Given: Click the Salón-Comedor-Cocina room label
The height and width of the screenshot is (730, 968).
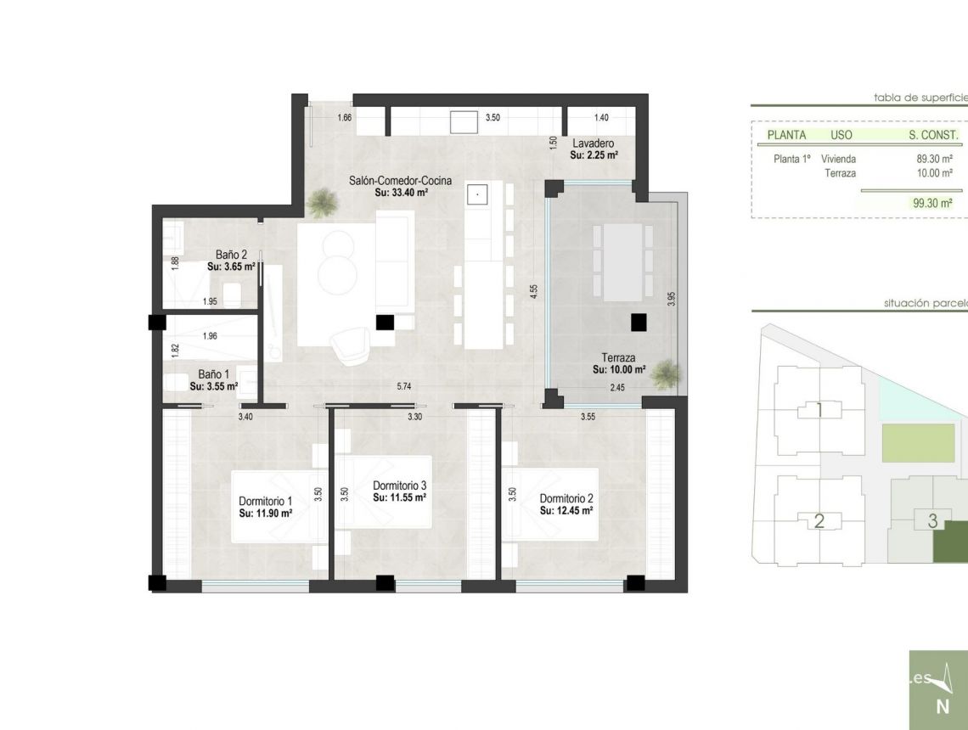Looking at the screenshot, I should click(400, 181).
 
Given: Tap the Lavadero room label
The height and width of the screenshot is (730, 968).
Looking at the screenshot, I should click(593, 143).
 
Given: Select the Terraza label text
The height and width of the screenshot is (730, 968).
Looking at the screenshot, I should click(618, 358).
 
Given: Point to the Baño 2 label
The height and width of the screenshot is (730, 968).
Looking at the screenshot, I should click(231, 255).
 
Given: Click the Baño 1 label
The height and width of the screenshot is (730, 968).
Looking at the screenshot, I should click(213, 374).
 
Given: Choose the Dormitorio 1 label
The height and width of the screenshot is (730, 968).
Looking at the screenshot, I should click(265, 501).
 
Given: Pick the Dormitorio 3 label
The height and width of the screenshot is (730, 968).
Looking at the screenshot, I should click(399, 486).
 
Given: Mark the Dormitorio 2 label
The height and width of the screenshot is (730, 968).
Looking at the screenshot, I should click(566, 499).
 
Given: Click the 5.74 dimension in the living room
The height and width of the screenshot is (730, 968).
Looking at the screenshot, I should click(404, 387).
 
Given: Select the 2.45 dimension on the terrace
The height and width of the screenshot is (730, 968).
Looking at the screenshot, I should click(617, 388).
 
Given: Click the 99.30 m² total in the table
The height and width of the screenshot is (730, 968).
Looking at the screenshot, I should click(932, 203).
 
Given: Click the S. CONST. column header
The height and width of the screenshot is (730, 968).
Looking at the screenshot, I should click(933, 135).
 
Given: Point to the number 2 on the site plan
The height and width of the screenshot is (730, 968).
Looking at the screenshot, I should click(819, 521).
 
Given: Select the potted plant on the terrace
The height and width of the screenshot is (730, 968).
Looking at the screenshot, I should click(667, 373).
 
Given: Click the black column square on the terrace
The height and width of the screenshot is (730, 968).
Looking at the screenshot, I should click(639, 322).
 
